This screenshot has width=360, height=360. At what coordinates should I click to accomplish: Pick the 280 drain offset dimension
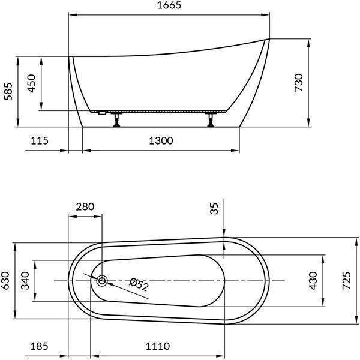point(85,207)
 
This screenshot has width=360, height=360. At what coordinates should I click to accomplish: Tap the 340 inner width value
point(25,281)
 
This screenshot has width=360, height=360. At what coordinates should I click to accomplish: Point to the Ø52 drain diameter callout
point(139,285)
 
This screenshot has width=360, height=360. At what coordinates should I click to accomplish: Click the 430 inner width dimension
point(313,281)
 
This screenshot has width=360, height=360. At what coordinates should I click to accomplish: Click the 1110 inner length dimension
point(157,346)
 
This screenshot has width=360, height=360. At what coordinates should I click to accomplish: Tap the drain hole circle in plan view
point(101,280)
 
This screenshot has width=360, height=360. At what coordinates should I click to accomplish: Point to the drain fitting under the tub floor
point(101,112)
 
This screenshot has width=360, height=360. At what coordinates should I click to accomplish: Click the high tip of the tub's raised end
point(268,40)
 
